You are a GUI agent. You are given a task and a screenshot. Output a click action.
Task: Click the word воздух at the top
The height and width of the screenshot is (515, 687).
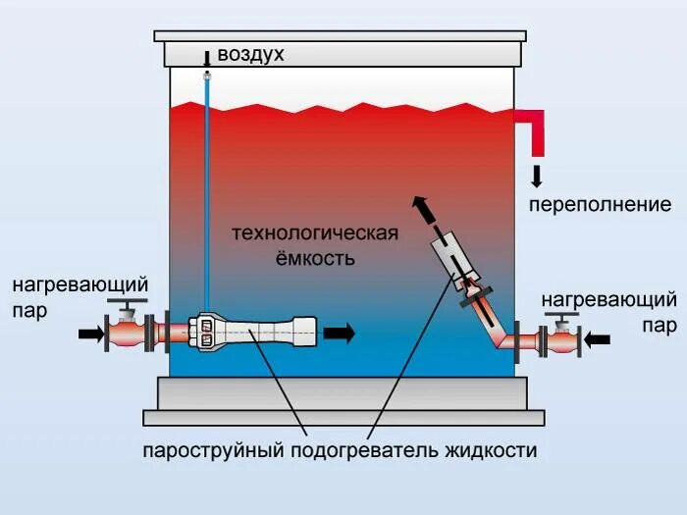pos(250,55)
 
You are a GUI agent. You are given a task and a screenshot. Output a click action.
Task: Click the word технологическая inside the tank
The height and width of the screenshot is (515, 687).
pos(314,233)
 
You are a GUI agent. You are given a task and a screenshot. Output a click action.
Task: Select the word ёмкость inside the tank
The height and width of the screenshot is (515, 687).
pos(314,259)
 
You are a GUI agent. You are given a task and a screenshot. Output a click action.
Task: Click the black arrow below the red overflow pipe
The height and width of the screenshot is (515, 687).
pos(537,177)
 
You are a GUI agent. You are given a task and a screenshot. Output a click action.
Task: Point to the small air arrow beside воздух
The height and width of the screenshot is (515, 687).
pos(207,57)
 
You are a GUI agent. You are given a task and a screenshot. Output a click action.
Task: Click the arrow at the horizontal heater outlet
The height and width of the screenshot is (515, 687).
pos(339,334)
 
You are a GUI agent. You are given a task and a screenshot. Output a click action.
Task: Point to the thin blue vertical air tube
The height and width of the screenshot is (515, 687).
pos(207,186)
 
